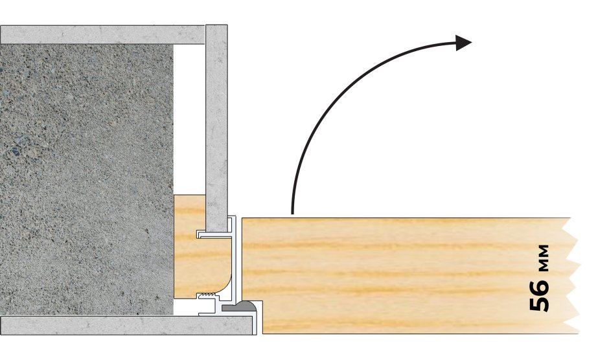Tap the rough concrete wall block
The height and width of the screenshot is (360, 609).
tap(86, 179)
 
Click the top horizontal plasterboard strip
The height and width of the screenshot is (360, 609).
tap(102, 34)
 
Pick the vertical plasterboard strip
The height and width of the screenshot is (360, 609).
tap(216, 128)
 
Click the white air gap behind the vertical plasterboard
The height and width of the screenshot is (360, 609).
tap(189, 119)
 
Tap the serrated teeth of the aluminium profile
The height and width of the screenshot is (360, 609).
tap(205, 297)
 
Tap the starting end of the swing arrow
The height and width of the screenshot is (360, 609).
tap(292, 213)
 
